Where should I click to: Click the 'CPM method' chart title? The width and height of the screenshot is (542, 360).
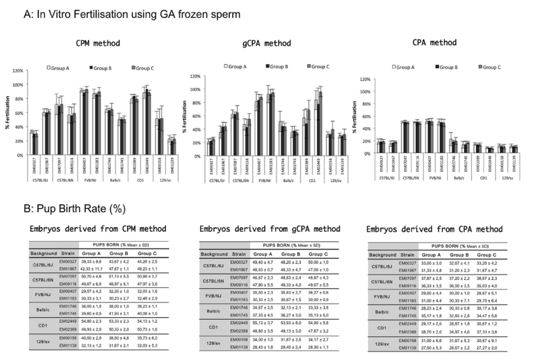[98, 43]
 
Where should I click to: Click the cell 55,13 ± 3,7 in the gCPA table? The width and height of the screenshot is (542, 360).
[262, 323]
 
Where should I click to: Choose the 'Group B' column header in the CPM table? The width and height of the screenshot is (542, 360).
[118, 253]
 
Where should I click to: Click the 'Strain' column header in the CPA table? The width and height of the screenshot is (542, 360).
[406, 255]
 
